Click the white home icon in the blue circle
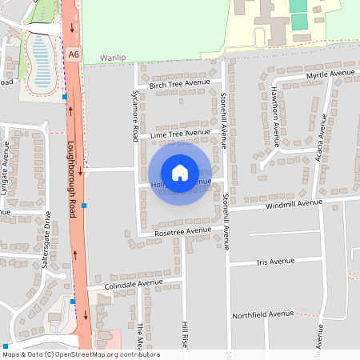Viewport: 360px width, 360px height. point(180,173)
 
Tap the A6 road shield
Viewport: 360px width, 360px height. point(74,54)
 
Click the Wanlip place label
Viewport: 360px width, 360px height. point(114,58)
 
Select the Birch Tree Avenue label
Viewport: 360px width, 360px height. point(179,82)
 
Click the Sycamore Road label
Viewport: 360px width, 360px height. point(135,116)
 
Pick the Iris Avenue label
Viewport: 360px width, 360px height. point(275,262)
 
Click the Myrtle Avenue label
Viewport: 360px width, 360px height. point(331,74)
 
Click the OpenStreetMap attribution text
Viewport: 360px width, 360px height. point(80,354)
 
